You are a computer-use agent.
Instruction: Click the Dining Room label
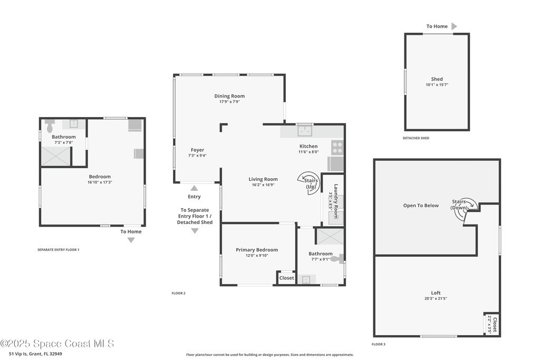pos(229,96)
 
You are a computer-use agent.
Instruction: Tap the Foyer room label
pos(197,150)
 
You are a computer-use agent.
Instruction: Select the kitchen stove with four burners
pos(337,148)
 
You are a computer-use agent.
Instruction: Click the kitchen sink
pos(305,131)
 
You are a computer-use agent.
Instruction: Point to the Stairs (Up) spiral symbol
pos(308,183)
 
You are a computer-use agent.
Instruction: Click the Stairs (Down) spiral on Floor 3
pos(466,209)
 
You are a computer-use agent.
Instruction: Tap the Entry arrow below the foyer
pos(194,188)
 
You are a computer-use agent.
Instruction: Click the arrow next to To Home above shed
pos(454,26)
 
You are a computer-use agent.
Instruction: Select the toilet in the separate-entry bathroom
pos(50,126)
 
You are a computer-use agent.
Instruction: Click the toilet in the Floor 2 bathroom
pos(337,259)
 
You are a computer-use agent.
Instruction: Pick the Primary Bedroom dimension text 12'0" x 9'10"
pos(257,255)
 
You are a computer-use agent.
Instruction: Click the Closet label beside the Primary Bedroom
pos(286,278)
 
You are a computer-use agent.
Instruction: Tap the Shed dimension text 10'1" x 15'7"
pos(437,85)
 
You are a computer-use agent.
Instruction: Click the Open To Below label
pos(421,206)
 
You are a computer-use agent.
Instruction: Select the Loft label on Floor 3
pos(436,293)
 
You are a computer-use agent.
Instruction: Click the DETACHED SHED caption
pos(416,138)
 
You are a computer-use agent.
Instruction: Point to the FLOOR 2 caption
pos(178,293)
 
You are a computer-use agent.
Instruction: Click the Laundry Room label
pos(336,201)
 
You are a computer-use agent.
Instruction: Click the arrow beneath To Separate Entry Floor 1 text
pos(195,231)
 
